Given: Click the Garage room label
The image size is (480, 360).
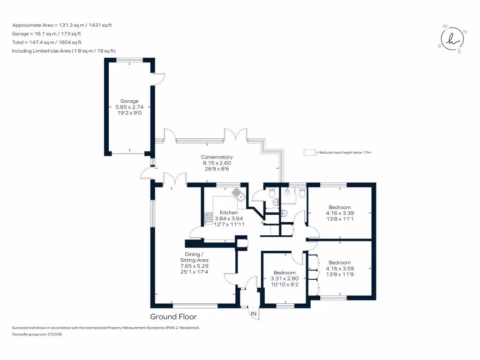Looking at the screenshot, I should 129,101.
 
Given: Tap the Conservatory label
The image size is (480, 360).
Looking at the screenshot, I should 217,157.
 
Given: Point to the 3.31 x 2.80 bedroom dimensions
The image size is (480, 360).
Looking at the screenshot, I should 285,278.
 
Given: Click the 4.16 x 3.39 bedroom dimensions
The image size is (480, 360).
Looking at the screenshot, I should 339,213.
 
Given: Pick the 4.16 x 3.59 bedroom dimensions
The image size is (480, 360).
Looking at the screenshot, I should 339,269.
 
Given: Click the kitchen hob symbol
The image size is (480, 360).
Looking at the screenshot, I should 208,218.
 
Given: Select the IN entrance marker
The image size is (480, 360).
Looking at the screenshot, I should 254,313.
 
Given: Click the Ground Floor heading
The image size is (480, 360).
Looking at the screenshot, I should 173,317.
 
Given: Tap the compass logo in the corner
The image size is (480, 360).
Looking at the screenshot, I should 451,39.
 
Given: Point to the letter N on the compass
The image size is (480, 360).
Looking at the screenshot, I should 465,32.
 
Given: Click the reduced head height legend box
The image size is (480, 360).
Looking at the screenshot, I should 309,153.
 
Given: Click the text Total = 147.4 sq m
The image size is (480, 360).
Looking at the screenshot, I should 46,42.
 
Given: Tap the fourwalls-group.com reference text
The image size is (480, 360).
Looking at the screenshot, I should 37,335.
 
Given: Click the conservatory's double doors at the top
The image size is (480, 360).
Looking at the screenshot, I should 236,135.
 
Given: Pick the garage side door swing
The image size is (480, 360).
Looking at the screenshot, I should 159,78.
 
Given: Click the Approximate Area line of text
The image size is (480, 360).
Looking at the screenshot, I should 63,25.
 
